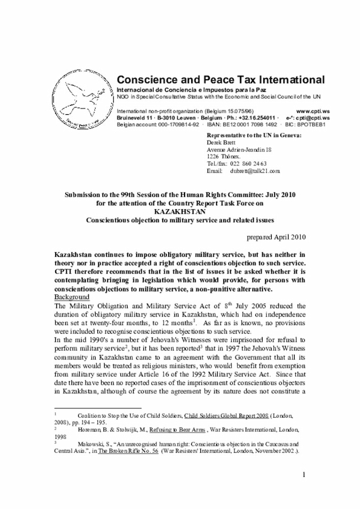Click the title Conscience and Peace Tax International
tap(220, 80)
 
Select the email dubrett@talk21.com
tap(255, 170)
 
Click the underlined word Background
tap(71, 297)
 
